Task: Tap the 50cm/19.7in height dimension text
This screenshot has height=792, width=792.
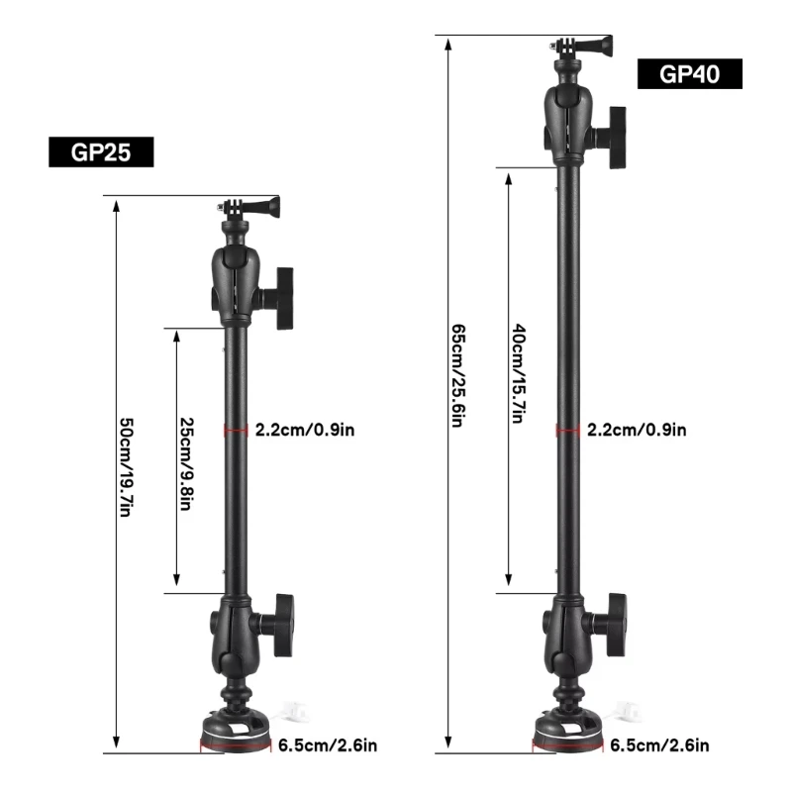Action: [126, 464]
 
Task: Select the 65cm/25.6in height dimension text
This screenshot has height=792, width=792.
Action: [457, 375]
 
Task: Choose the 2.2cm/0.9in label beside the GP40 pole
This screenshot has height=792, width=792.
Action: [636, 430]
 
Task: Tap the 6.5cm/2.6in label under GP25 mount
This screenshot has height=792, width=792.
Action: [326, 745]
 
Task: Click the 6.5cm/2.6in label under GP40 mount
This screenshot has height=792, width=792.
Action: [657, 745]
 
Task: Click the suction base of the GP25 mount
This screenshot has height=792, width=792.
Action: [236, 733]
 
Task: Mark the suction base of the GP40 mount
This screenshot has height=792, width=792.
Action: [568, 733]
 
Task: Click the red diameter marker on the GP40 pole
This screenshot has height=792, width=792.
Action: [568, 430]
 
